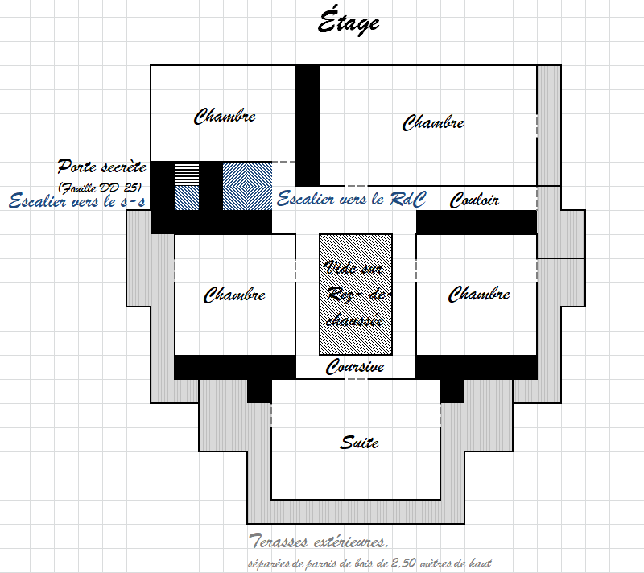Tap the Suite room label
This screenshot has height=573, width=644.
[x=359, y=442]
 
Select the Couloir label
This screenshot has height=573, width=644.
[x=474, y=200]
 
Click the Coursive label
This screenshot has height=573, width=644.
[x=355, y=366]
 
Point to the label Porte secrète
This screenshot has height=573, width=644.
[x=102, y=167]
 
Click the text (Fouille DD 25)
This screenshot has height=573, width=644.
[x=100, y=188]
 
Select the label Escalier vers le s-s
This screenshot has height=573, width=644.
[x=77, y=200]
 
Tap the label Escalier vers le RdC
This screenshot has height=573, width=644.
[x=352, y=199]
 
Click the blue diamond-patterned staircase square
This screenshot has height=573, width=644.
[x=247, y=186]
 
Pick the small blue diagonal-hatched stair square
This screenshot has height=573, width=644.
[x=187, y=198]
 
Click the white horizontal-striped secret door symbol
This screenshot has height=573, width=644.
[x=187, y=174]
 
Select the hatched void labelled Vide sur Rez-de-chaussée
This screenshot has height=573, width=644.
[x=356, y=295]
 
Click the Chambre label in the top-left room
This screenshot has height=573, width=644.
[x=225, y=116]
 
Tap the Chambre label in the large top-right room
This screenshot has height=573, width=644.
[x=433, y=122]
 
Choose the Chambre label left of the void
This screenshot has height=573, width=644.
[x=234, y=295]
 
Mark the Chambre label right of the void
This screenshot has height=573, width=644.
[x=479, y=294]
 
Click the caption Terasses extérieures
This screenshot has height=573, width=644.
[x=318, y=541]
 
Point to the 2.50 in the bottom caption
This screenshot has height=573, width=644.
[x=404, y=562]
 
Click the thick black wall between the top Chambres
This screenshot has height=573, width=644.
[x=308, y=126]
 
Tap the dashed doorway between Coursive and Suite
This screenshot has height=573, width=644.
[x=356, y=379]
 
